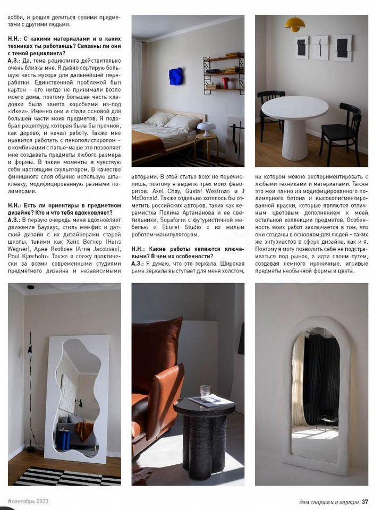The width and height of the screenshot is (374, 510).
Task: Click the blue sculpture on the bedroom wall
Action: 176,76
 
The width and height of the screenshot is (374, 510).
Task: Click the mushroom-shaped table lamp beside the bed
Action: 207,129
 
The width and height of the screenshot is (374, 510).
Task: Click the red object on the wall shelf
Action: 225,83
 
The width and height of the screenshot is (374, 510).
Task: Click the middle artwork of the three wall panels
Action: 320,48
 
